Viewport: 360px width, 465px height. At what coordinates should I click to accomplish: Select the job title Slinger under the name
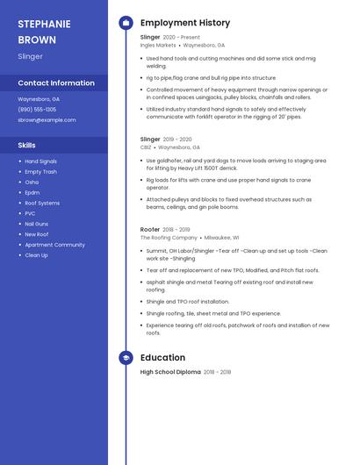click(x=30, y=56)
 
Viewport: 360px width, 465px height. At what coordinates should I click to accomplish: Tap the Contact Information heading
click(x=56, y=83)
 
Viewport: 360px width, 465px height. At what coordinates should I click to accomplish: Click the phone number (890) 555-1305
click(x=37, y=110)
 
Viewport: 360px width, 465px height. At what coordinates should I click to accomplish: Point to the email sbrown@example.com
click(x=47, y=119)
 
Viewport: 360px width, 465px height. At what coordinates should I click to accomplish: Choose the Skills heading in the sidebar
click(x=27, y=145)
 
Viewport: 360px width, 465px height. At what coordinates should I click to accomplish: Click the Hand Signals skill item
click(x=40, y=161)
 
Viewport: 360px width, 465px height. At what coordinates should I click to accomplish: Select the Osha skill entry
click(x=32, y=182)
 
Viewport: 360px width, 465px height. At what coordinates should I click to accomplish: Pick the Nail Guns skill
click(x=36, y=224)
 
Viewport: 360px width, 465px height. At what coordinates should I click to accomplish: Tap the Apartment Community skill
click(x=54, y=245)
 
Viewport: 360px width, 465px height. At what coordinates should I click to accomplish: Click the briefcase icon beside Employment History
click(x=126, y=23)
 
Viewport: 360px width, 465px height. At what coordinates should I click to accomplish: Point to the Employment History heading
click(x=185, y=23)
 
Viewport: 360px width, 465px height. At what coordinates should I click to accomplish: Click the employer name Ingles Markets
click(x=158, y=45)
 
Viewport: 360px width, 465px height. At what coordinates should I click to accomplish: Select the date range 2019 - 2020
click(x=177, y=139)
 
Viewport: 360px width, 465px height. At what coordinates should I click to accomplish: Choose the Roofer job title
click(x=150, y=229)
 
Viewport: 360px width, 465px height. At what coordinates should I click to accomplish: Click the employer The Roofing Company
click(x=169, y=238)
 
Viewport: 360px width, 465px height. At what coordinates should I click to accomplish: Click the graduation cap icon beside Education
click(x=126, y=358)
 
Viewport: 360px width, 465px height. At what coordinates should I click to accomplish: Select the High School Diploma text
click(x=170, y=372)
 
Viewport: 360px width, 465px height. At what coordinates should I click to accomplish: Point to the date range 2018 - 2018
click(x=218, y=372)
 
